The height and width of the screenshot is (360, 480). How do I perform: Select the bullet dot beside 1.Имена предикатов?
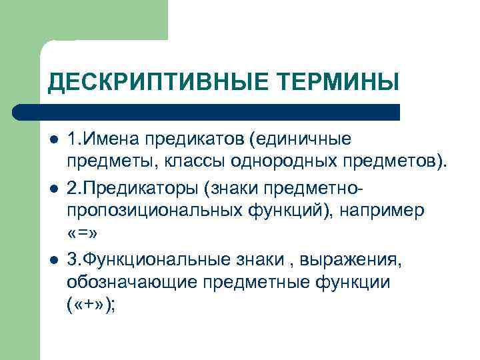pyautogui.click(x=54, y=140)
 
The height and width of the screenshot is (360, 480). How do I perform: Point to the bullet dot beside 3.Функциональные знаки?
pyautogui.click(x=54, y=260)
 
